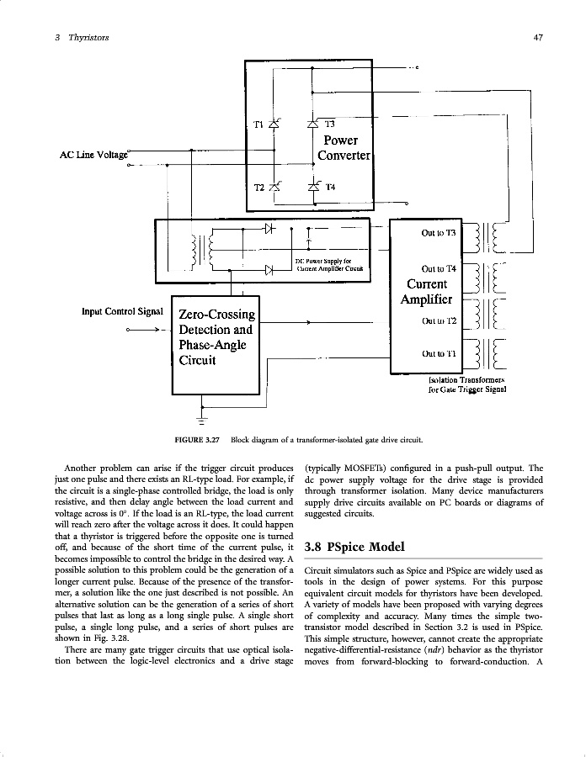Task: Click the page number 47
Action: (537, 38)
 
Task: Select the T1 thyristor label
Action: (259, 125)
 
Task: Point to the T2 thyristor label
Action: (259, 187)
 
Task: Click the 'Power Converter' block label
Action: (344, 148)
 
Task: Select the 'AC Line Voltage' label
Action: (93, 155)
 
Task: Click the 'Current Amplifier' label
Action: (429, 291)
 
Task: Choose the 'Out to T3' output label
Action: (438, 232)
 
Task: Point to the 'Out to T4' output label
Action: (438, 269)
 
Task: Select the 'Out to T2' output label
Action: (439, 320)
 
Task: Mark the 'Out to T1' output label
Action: (439, 353)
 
